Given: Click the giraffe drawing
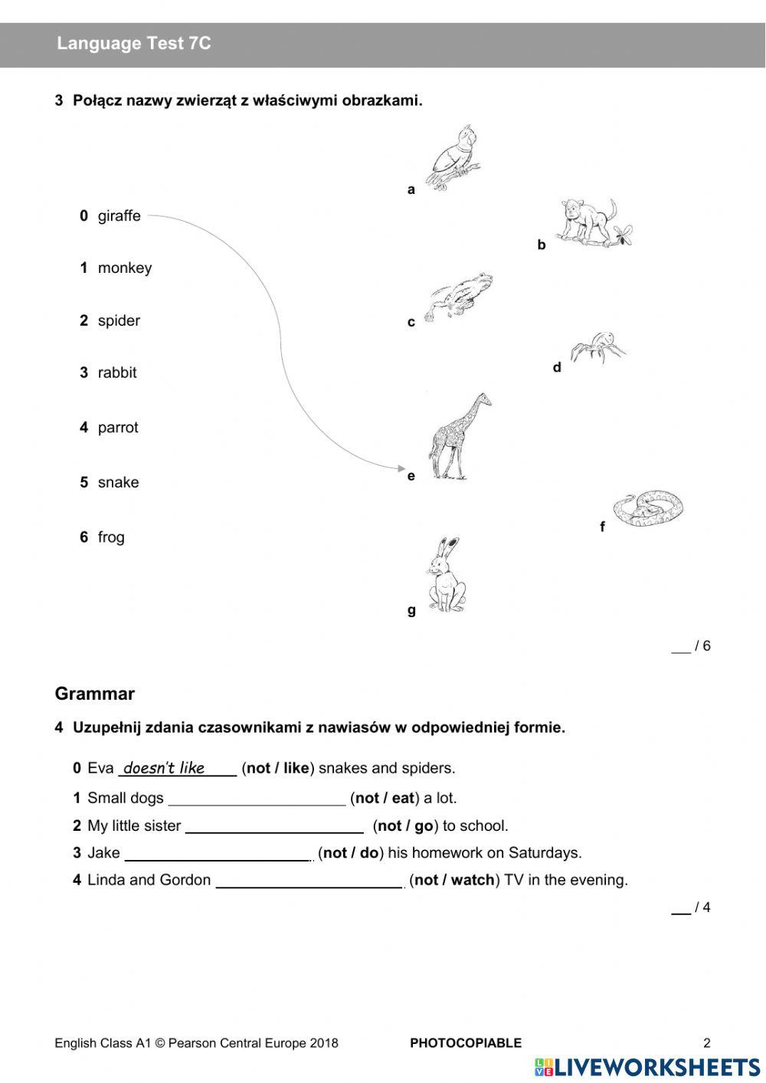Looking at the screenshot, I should point(457,437).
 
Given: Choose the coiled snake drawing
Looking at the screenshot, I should point(648,507).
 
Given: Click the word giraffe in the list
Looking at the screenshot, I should point(119,216).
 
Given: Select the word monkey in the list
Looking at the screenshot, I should point(124,268).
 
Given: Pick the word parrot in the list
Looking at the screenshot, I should point(118,428).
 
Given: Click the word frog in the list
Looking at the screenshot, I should point(111,537).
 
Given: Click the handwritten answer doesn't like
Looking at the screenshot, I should point(164,768).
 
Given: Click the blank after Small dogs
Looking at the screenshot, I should point(257,799).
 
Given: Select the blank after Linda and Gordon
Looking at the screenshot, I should point(309,881).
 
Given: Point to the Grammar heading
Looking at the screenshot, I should point(94,694).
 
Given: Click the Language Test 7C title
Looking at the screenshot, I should point(133,44).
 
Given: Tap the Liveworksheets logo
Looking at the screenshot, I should point(647,1067).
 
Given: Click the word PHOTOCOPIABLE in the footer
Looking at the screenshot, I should point(465,1043).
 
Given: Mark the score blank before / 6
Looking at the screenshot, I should point(680,647).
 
